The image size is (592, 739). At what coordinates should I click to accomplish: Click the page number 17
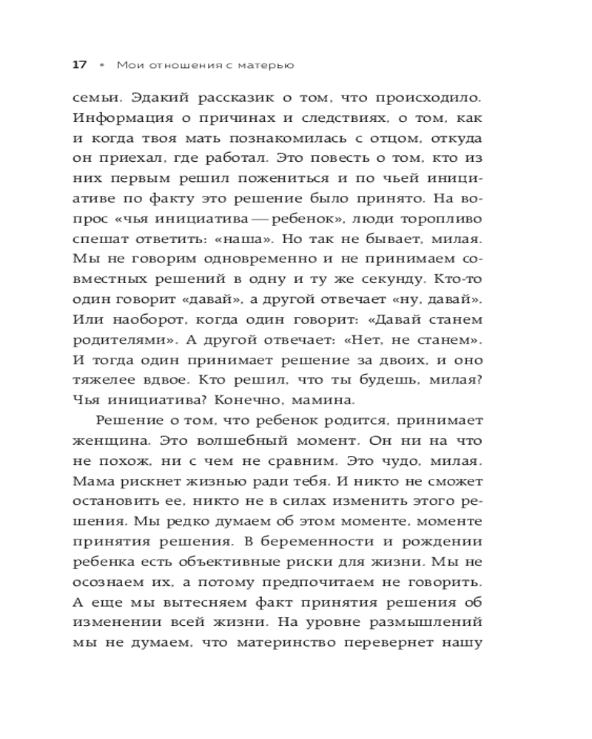pos(80,65)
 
